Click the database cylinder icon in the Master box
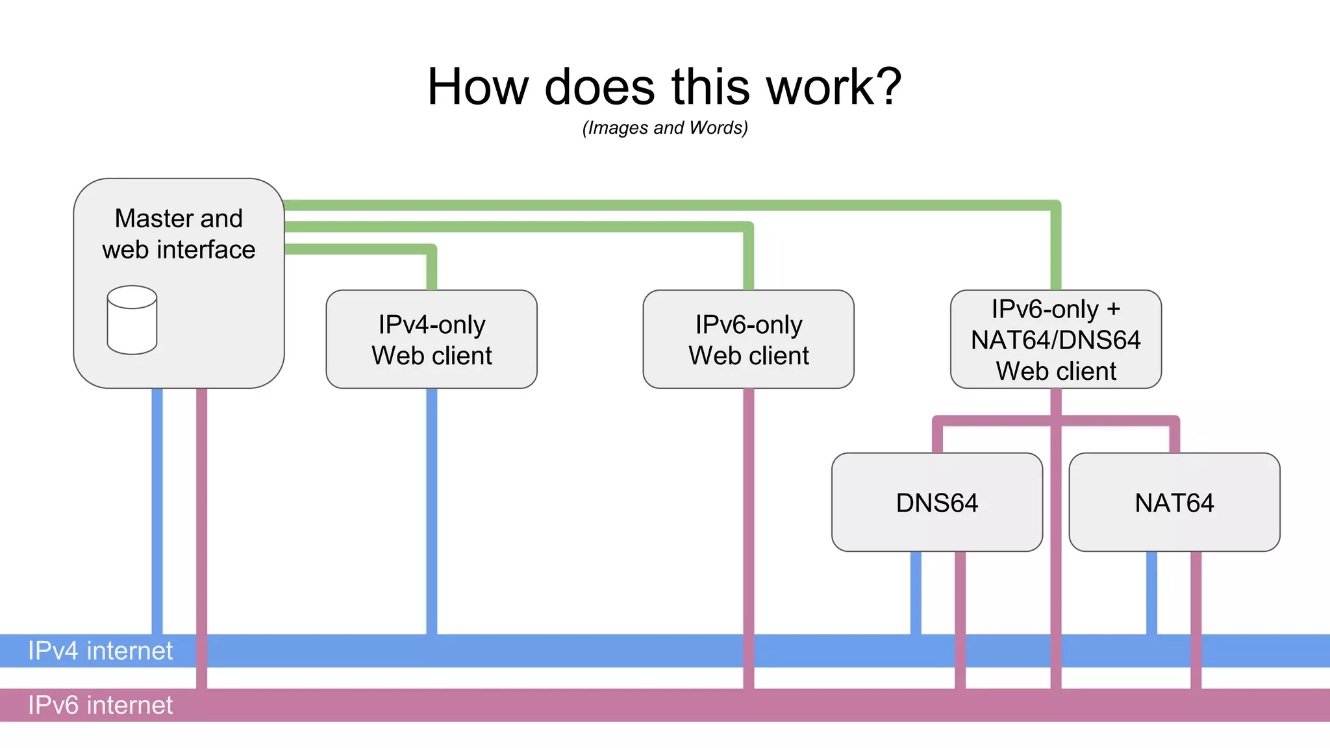pos(132,320)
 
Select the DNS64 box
pos(936,503)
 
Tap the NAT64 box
pos(1174,503)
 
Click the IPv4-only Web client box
pos(431,340)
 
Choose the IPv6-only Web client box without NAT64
pos(748,340)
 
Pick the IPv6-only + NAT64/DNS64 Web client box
pos(1055,340)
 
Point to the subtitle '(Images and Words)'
pos(665,128)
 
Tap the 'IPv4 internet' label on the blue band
pos(100,651)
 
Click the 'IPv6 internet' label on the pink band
pos(100,705)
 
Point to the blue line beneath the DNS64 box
pos(916,592)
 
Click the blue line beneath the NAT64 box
pos(1151,592)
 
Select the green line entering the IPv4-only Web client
pos(432,269)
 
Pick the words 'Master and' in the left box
pos(179,218)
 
